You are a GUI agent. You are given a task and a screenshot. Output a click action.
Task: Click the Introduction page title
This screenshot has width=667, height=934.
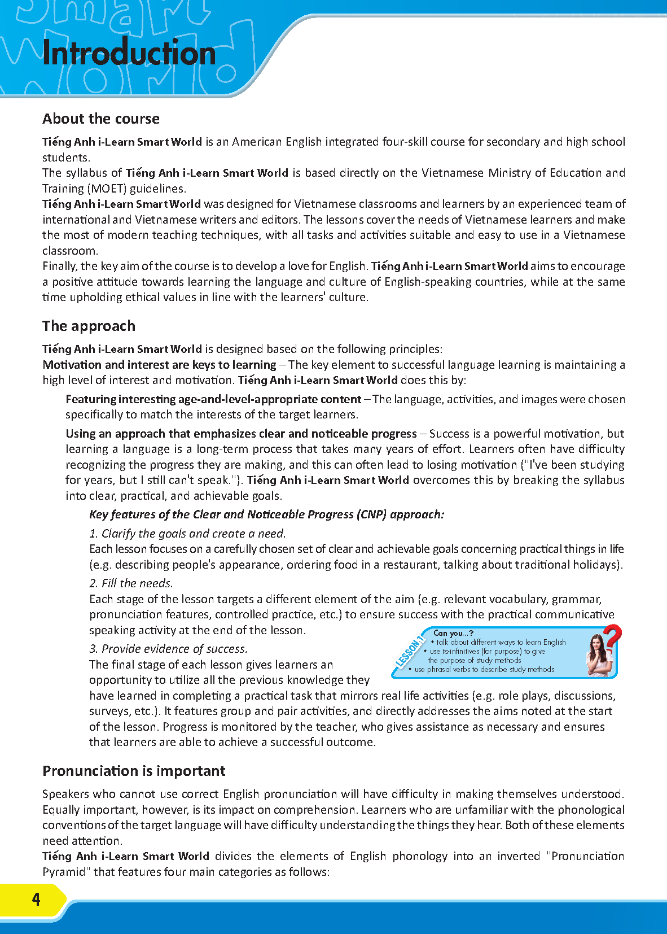coord(129,54)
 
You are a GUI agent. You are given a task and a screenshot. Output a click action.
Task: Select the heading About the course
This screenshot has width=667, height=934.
coord(101,119)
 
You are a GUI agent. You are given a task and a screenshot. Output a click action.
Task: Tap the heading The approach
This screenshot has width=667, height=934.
coord(89,326)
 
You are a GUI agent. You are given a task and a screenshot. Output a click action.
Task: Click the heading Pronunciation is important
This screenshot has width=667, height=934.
coord(134,771)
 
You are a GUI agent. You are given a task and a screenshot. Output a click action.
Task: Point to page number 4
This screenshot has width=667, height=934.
coord(36,899)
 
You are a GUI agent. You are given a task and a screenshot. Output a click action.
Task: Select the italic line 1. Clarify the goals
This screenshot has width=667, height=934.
coord(187,534)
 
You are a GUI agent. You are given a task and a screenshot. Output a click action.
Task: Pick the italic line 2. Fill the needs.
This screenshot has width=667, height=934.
coord(131,583)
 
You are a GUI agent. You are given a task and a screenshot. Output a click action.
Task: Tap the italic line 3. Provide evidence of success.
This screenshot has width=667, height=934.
coord(168,649)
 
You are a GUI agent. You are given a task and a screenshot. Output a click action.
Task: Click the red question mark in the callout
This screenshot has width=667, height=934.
coord(612,638)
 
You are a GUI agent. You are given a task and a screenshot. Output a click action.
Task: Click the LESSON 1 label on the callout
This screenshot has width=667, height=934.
coord(410,652)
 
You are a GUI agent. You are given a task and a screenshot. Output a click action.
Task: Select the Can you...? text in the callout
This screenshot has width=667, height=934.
coord(453,633)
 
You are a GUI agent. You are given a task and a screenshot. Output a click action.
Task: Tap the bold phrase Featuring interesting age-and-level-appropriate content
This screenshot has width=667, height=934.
coord(213,399)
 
